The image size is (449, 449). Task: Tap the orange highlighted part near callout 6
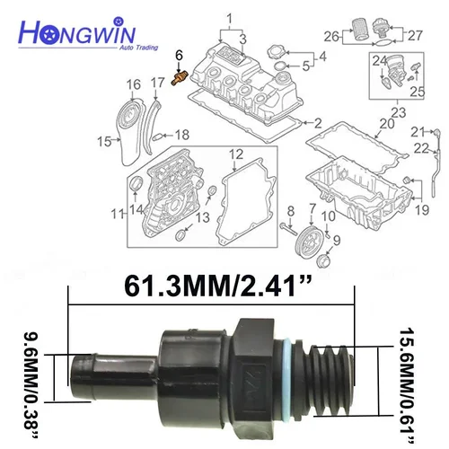[x=180, y=79]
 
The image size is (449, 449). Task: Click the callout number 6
[x=179, y=55]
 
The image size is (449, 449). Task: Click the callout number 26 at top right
[x=330, y=38]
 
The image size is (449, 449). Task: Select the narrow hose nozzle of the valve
[x=99, y=369]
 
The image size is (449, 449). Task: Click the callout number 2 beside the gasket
[x=316, y=121]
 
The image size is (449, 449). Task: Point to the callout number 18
[x=182, y=135]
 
